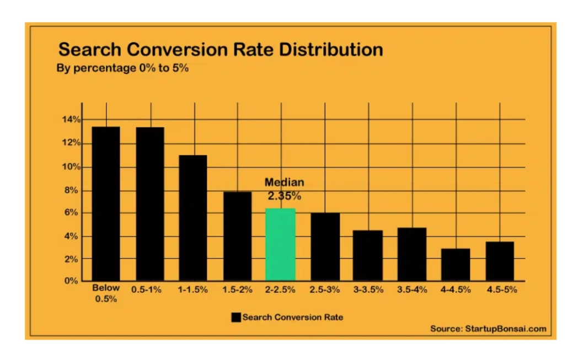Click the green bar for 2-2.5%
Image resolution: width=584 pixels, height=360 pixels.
pos(280,244)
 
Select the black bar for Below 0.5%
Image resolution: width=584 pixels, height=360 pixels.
pos(106,203)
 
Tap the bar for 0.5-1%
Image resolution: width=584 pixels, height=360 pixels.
pos(150,203)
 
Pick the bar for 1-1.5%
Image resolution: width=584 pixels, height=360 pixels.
pos(193,218)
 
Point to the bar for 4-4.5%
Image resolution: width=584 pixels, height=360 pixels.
pos(456,265)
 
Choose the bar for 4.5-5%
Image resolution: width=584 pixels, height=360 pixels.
pos(500,261)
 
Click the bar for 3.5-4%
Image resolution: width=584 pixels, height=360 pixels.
pos(412,254)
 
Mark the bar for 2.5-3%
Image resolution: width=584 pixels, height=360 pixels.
pos(325,246)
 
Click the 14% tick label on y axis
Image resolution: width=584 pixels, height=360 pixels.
pos(71,120)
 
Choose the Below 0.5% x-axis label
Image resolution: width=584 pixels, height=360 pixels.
pos(106,294)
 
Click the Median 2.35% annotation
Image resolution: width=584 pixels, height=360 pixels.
pos(285,189)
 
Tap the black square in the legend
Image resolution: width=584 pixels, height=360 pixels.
pos(236,318)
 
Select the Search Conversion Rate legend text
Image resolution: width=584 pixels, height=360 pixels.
pos(292,318)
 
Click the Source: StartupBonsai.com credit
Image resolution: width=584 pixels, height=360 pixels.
pos(488,329)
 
